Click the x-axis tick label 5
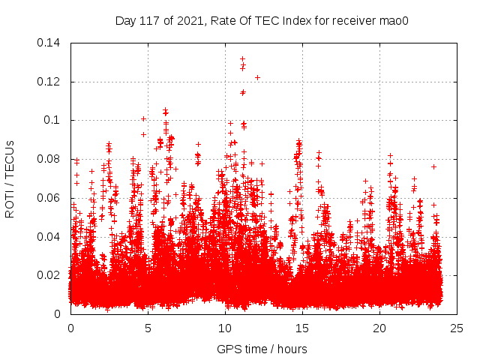click(148, 328)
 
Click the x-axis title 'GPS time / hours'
click(263, 349)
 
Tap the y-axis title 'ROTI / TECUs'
click(10, 178)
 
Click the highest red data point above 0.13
click(242, 58)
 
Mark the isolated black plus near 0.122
click(257, 77)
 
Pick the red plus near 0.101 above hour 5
click(143, 118)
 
